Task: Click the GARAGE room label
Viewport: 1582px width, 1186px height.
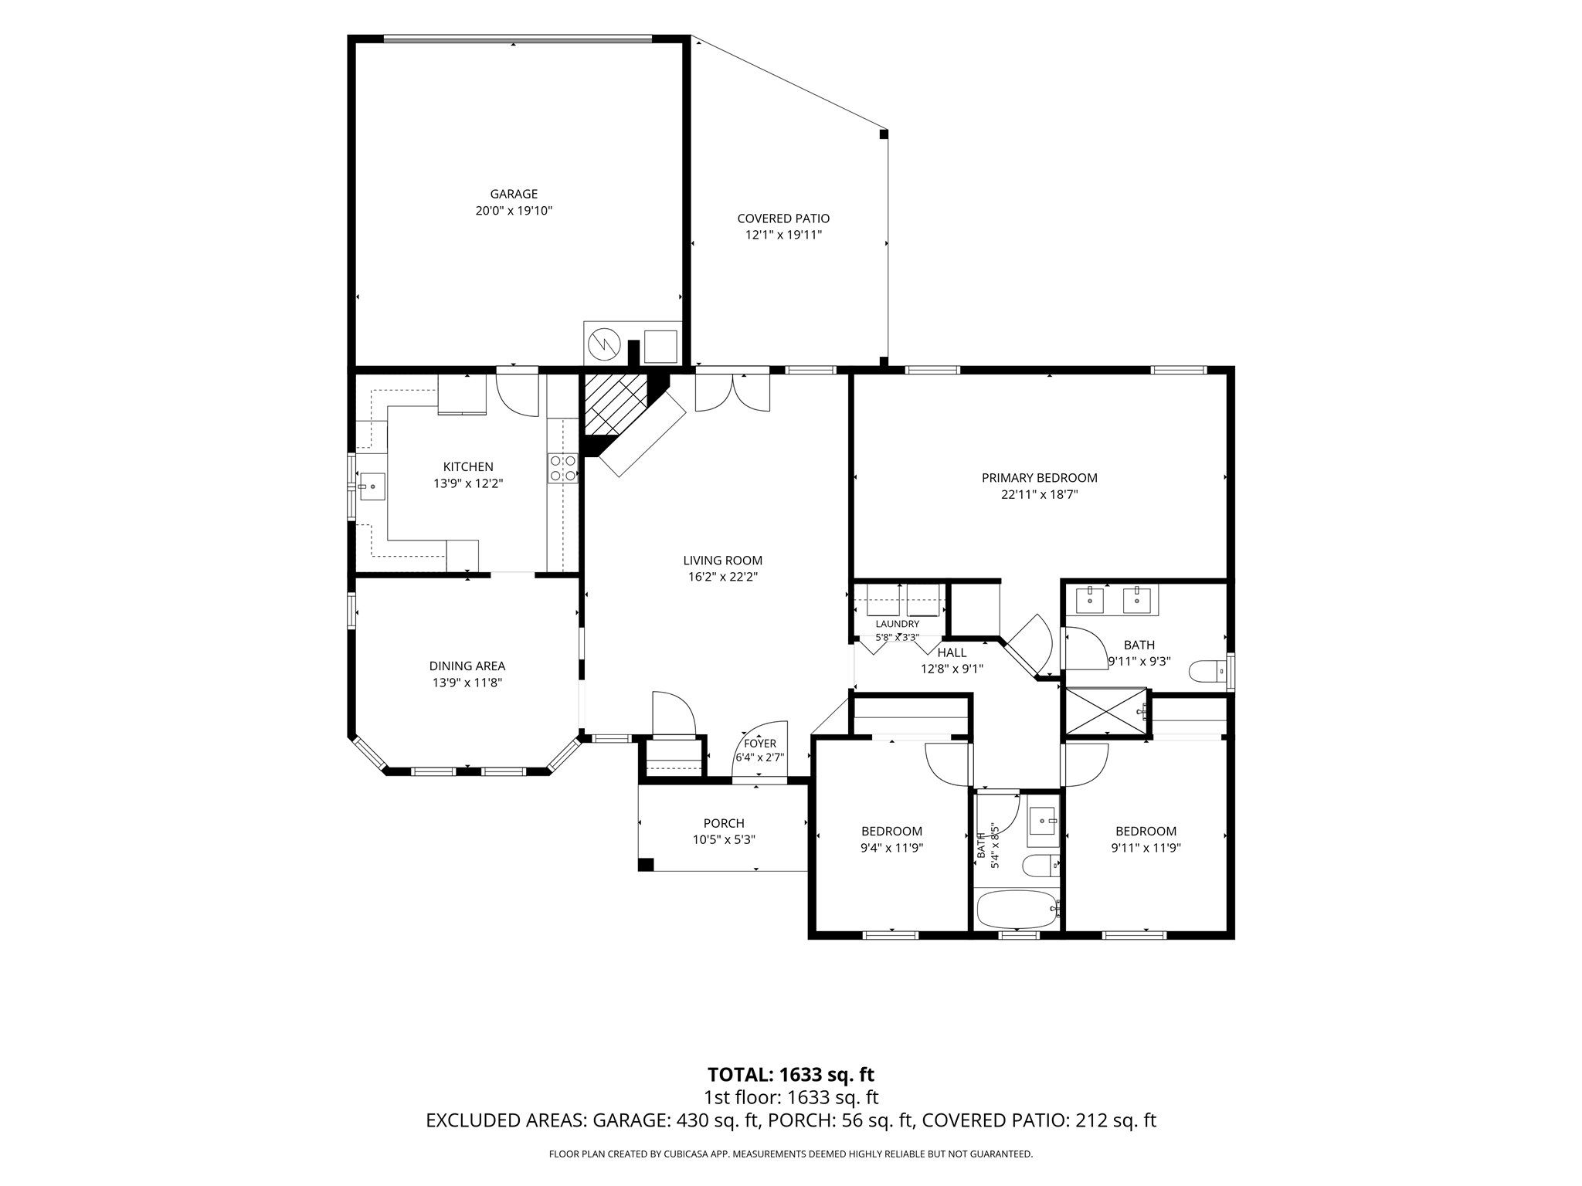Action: (x=514, y=194)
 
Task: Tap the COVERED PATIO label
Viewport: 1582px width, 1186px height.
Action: (x=783, y=219)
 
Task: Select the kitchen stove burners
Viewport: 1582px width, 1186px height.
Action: (x=562, y=468)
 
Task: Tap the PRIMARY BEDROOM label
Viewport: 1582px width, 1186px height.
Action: (x=1039, y=478)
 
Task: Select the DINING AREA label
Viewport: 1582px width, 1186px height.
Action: (x=467, y=666)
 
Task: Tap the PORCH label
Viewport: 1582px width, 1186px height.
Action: (x=724, y=823)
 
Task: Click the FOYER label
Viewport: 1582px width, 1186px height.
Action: (x=760, y=744)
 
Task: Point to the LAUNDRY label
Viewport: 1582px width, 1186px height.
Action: (x=898, y=624)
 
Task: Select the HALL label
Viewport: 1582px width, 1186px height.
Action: (x=952, y=652)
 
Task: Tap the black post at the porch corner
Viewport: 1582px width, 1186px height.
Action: (x=646, y=865)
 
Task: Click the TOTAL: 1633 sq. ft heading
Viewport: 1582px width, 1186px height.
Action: (x=791, y=1074)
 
